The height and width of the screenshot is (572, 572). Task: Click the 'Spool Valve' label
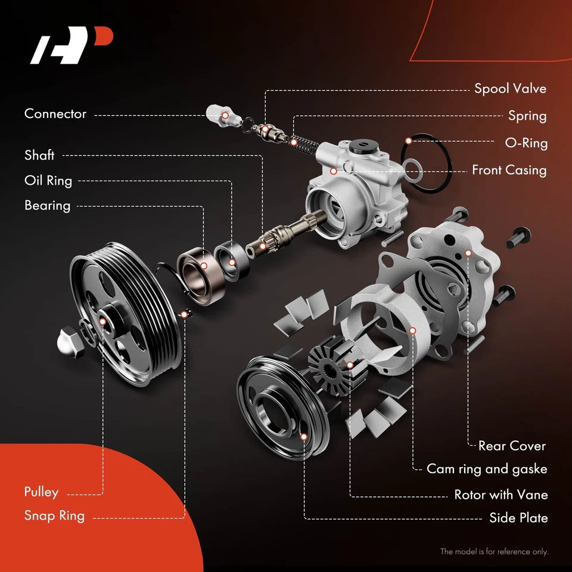[x=510, y=89]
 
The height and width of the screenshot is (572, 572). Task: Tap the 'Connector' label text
[x=55, y=114]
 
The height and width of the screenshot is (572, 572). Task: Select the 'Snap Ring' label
[x=54, y=515]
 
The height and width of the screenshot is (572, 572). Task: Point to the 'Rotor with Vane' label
[x=500, y=495]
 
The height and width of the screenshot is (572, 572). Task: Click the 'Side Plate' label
[x=518, y=518]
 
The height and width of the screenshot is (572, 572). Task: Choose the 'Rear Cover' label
[x=512, y=446]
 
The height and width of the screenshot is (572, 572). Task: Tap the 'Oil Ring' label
[x=48, y=181]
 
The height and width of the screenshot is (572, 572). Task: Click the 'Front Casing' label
[x=509, y=170]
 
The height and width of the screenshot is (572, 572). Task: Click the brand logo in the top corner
[x=71, y=46]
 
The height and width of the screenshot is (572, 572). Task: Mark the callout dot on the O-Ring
[x=409, y=141]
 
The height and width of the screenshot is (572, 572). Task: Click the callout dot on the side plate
[x=304, y=437]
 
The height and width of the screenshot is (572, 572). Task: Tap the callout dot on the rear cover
[x=468, y=253]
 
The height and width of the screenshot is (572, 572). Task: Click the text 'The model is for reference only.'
[x=494, y=552]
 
